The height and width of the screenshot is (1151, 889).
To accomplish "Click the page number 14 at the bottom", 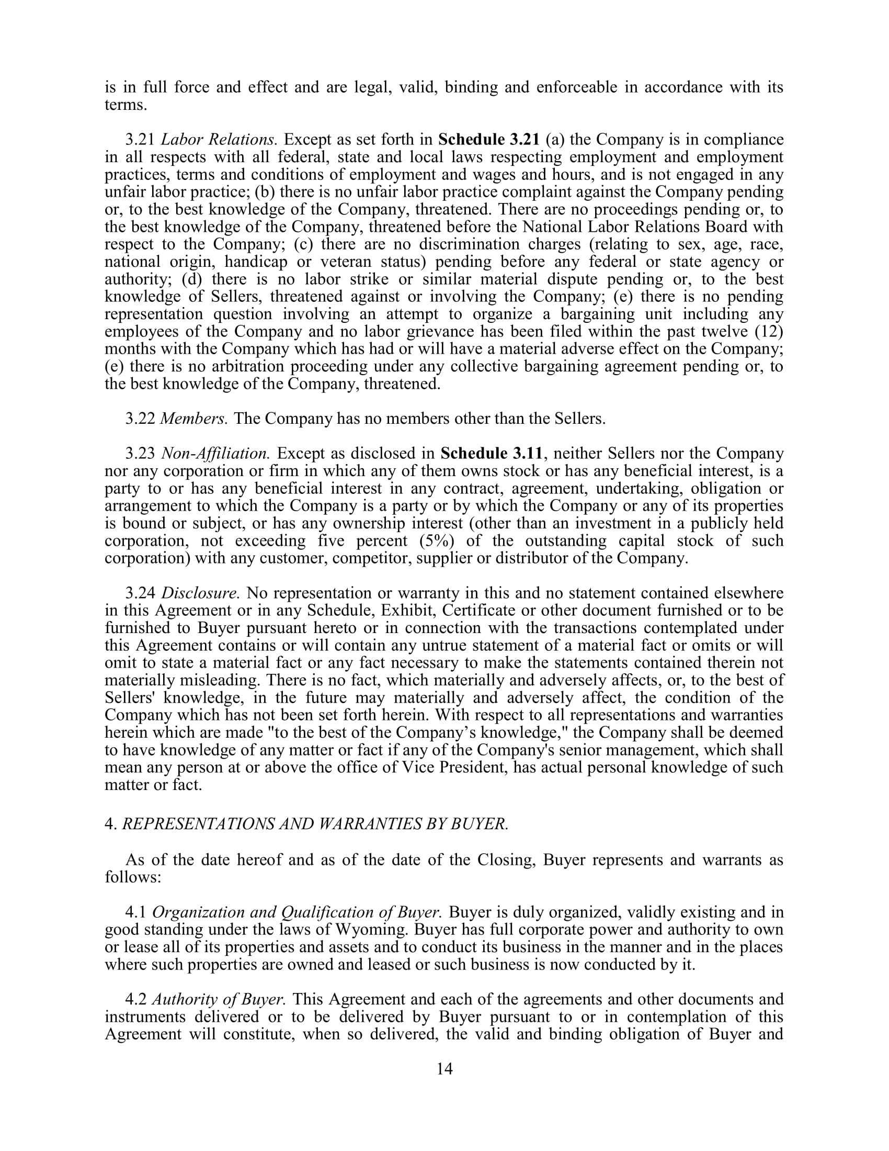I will pyautogui.click(x=444, y=1069).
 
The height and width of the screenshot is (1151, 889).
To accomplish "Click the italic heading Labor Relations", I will pyautogui.click(x=219, y=140).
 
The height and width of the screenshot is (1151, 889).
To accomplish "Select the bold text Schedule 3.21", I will pyautogui.click(x=489, y=140).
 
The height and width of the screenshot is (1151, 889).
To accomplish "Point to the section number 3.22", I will pyautogui.click(x=140, y=419).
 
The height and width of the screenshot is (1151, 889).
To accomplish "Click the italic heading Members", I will pyautogui.click(x=194, y=419).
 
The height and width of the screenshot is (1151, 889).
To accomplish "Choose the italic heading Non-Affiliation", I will pyautogui.click(x=215, y=453).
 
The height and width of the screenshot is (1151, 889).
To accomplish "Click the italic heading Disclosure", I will pyautogui.click(x=201, y=593).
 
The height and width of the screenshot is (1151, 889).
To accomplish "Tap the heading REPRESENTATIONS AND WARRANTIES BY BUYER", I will pyautogui.click(x=315, y=823).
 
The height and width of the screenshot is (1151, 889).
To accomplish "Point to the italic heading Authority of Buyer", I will pyautogui.click(x=219, y=999).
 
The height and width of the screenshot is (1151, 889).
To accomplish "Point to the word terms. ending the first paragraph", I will pyautogui.click(x=126, y=105).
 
